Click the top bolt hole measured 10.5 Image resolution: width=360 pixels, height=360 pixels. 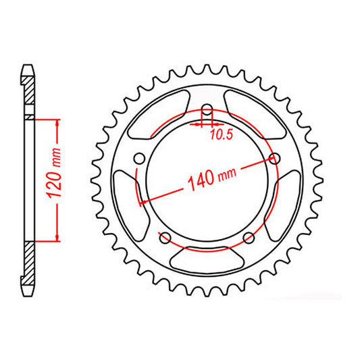[x=207, y=113]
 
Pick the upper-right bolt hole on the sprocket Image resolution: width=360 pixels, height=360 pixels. [x=274, y=158]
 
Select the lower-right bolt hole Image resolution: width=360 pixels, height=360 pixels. [x=249, y=237]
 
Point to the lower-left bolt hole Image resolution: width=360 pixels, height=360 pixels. [x=165, y=237]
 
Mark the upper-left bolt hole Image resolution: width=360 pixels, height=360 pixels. [x=139, y=158]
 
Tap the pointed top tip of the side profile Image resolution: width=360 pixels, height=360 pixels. [x=28, y=66]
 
